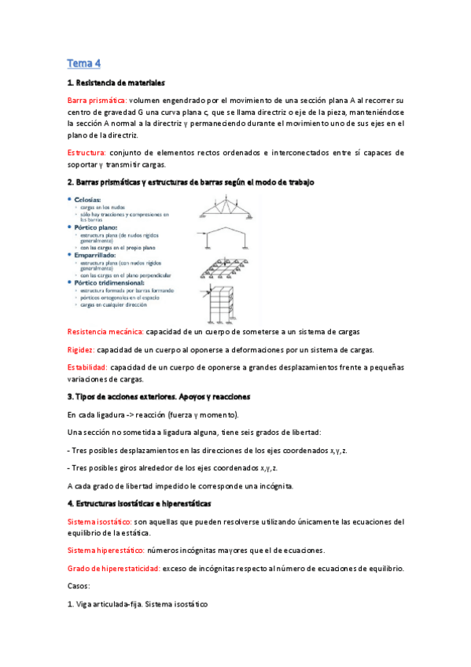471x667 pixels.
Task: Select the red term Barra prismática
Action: point(97,101)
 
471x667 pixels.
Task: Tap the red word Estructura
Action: point(86,153)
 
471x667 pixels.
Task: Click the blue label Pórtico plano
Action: point(99,227)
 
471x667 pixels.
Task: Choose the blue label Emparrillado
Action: point(98,253)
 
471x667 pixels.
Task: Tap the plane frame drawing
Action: point(226,239)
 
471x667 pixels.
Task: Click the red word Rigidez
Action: point(81,350)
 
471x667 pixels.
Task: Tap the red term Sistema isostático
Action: point(100,521)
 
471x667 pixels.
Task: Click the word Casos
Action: point(79,586)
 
